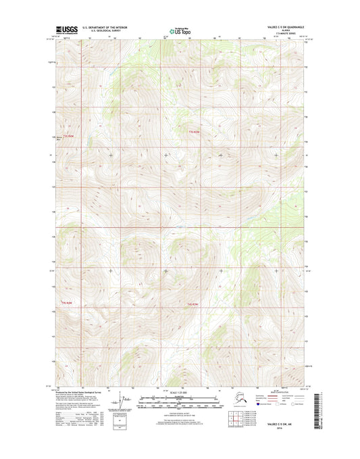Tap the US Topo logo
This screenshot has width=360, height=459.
pos(180,31)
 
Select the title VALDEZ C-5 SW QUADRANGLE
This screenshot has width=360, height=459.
pos(278,28)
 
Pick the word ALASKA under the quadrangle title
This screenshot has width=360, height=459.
pos(278,31)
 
